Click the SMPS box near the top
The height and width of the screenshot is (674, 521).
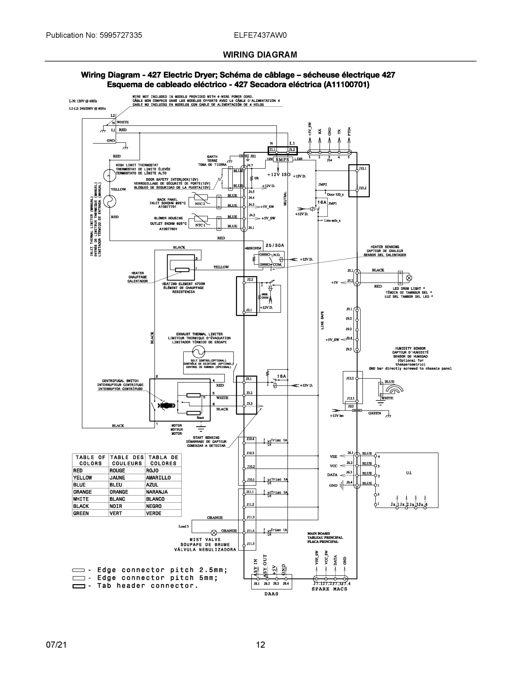pos(282,160)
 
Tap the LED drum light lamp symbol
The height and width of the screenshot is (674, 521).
pos(409,278)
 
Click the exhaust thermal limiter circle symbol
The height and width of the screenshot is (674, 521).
pos(199,352)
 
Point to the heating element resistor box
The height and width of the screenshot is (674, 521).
pos(182,270)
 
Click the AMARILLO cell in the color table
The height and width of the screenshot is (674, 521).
pos(158,477)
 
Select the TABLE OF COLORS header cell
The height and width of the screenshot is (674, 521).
pos(90,460)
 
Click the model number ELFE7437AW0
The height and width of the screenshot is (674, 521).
pos(260,35)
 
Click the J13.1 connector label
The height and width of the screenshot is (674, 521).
pos(362,169)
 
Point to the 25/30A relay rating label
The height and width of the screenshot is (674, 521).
pos(275,245)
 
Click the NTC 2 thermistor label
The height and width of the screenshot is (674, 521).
pos(200,204)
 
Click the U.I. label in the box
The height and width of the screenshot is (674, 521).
pos(409,473)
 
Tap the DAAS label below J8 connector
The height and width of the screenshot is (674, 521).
pos(271,593)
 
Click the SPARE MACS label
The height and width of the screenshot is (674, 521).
pos(329,589)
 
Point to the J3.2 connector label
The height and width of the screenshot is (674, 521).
pos(249,393)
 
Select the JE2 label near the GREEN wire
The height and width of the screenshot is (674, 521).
pos(351,406)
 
